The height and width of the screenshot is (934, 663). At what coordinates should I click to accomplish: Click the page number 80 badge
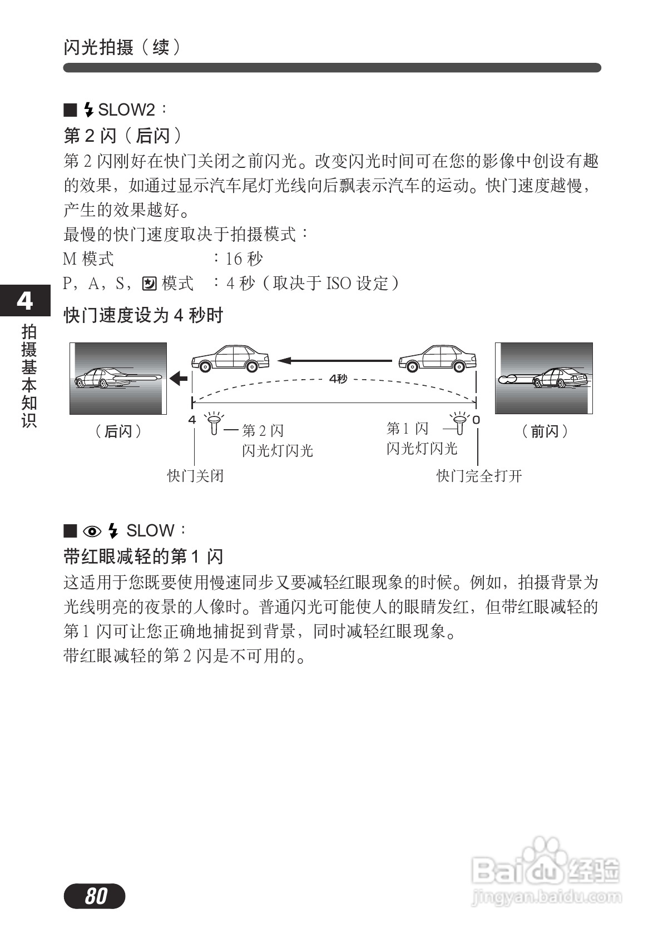[x=95, y=896]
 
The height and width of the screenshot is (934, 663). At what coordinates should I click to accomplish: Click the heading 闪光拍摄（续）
[x=122, y=47]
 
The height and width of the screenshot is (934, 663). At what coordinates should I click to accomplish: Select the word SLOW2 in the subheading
[x=126, y=110]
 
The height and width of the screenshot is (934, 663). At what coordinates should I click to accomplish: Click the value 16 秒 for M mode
[x=244, y=259]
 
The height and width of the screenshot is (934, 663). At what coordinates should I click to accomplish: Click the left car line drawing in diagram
[x=230, y=357]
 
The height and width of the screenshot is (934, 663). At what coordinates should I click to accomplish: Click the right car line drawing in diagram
[x=437, y=359]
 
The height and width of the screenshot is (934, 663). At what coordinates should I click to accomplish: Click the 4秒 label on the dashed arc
[x=338, y=379]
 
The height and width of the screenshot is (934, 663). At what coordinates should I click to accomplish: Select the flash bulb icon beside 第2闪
[x=214, y=424]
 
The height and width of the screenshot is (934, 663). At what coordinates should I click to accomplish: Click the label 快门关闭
[x=195, y=476]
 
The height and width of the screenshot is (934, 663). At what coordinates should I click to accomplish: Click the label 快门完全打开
[x=479, y=476]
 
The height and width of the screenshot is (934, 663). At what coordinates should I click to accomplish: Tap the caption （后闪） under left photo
[x=118, y=431]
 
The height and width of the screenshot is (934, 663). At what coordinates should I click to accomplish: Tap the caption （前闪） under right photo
[x=545, y=431]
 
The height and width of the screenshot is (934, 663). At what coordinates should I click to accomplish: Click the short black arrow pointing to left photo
[x=179, y=379]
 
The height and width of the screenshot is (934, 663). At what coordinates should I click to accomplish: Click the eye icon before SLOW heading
[x=92, y=531]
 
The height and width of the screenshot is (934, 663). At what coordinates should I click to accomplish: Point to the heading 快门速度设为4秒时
[x=144, y=315]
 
